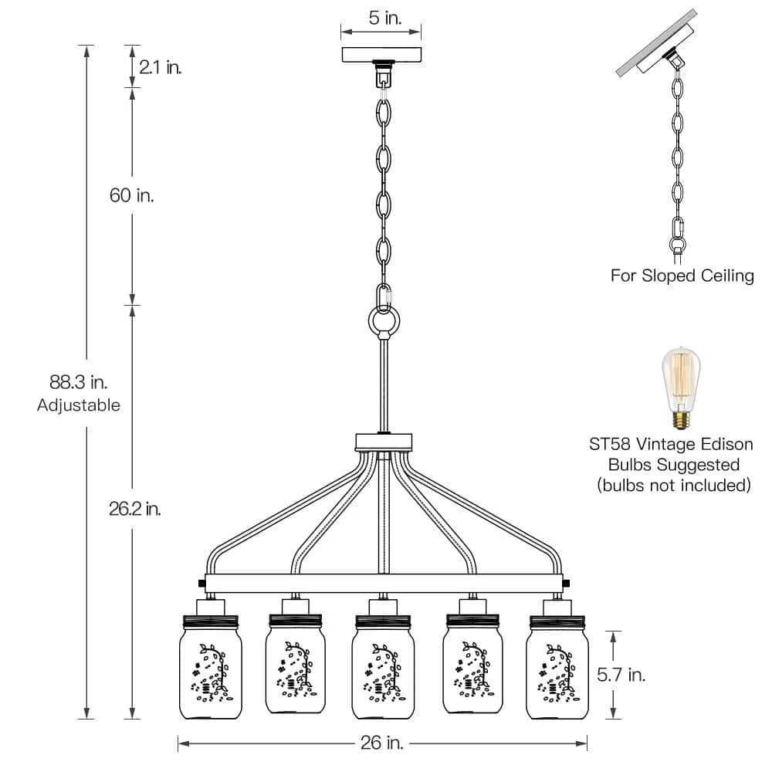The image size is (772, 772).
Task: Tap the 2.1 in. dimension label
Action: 160,68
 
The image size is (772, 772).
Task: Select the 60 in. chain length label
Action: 131,195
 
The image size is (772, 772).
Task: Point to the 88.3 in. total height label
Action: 78,381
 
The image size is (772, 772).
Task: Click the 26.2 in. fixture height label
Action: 135,510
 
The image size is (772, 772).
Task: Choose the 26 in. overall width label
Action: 381,743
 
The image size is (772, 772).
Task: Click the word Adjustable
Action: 79,405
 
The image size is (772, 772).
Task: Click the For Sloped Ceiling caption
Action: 682,276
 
